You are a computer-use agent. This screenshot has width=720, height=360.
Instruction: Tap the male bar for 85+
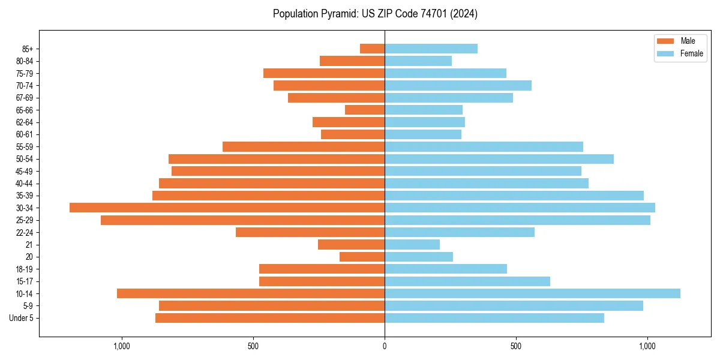coord(372,49)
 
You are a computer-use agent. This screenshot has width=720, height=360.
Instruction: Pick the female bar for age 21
coord(412,245)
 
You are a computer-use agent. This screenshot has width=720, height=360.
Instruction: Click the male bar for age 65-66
coord(365,110)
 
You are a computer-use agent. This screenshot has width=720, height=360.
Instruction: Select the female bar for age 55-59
coord(484,146)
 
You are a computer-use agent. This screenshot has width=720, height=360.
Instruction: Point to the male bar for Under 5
coord(270,318)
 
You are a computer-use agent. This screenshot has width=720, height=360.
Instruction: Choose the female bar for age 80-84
coord(418,61)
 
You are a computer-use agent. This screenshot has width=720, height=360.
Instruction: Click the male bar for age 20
coord(362,257)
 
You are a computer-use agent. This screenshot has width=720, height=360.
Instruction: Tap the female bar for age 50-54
coord(499,159)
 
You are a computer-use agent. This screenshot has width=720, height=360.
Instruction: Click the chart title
coord(375,14)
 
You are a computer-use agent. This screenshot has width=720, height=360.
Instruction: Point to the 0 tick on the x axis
coord(385,346)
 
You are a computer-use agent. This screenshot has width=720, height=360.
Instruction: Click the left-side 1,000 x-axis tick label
coord(122,346)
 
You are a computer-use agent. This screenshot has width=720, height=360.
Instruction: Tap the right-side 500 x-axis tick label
coord(515,346)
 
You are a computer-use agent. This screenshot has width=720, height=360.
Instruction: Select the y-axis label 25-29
coord(25,220)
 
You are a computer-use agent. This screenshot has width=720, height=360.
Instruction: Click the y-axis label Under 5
coord(22,318)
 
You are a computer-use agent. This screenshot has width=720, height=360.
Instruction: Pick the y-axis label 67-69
coord(25,98)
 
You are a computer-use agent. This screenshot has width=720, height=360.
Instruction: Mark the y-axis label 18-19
coord(25,269)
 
